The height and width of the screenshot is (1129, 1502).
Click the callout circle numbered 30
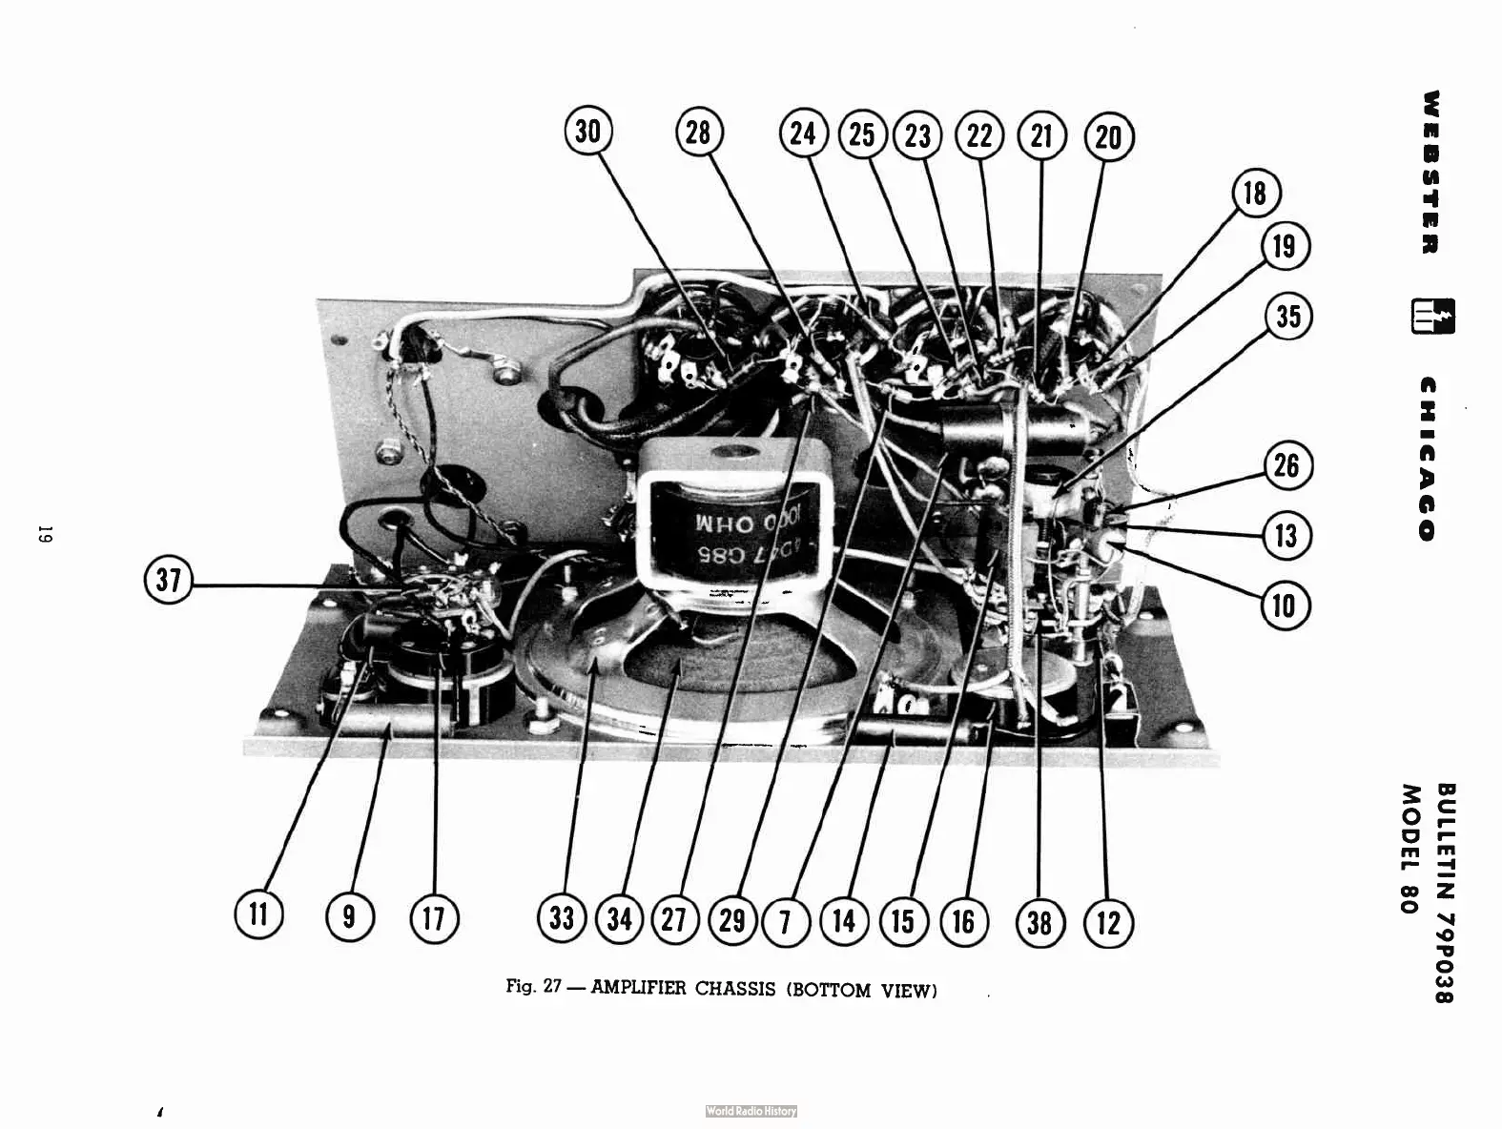pyautogui.click(x=588, y=131)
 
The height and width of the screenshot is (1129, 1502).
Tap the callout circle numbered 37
pyautogui.click(x=168, y=580)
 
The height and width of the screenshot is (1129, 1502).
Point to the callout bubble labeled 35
pyautogui.click(x=1287, y=316)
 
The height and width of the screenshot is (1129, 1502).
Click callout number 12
pyautogui.click(x=1108, y=922)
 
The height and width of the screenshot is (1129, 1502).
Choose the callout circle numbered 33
pyautogui.click(x=562, y=918)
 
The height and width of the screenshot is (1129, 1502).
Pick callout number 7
pyautogui.click(x=786, y=922)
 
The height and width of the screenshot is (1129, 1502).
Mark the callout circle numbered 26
pyautogui.click(x=1286, y=465)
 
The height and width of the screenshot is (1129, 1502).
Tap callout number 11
pyautogui.click(x=258, y=913)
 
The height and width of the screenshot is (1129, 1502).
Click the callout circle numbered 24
pyautogui.click(x=803, y=133)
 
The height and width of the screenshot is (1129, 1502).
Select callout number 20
pyautogui.click(x=1108, y=137)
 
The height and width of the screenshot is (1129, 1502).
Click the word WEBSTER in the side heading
pyautogui.click(x=1430, y=173)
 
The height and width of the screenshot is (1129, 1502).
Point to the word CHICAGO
pyautogui.click(x=1428, y=459)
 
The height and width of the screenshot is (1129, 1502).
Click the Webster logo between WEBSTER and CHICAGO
pyautogui.click(x=1432, y=317)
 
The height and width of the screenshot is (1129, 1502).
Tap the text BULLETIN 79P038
pyautogui.click(x=1446, y=893)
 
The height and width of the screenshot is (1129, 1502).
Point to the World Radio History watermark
pyautogui.click(x=751, y=1111)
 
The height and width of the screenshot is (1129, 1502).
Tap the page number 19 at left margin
pyautogui.click(x=44, y=534)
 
